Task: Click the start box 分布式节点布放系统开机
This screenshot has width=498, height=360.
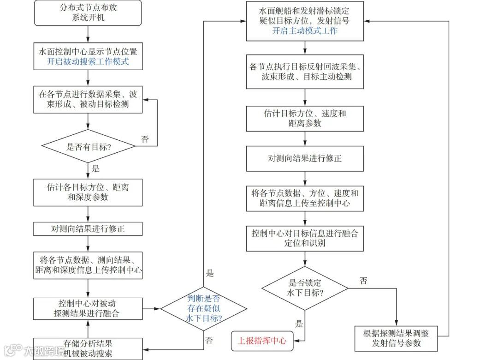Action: [x=88, y=13]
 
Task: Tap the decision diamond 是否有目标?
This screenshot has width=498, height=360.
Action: [x=88, y=146]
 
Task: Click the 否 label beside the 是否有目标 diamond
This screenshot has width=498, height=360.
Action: [x=145, y=139]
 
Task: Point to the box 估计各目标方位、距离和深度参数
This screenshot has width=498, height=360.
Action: [x=88, y=192]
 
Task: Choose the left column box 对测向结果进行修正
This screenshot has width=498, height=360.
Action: [x=88, y=228]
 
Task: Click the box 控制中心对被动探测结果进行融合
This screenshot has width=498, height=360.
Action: [x=88, y=308]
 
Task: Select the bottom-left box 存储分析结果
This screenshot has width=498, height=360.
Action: [x=88, y=348]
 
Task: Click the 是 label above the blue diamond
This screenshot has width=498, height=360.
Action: [x=210, y=273]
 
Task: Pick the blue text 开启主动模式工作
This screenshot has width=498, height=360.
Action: [x=304, y=31]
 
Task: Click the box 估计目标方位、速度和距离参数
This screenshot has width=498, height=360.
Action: [x=304, y=118]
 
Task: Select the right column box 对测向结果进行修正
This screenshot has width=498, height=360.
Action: [x=304, y=158]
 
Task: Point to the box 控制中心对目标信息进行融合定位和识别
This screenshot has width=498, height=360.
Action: [x=304, y=238]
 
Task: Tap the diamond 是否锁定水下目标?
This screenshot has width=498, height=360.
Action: [x=304, y=288]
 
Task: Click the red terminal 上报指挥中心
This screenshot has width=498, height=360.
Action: [x=261, y=341]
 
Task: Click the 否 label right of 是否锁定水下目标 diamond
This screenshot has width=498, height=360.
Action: [x=363, y=281]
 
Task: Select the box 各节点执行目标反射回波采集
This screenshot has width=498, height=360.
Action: [x=304, y=72]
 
